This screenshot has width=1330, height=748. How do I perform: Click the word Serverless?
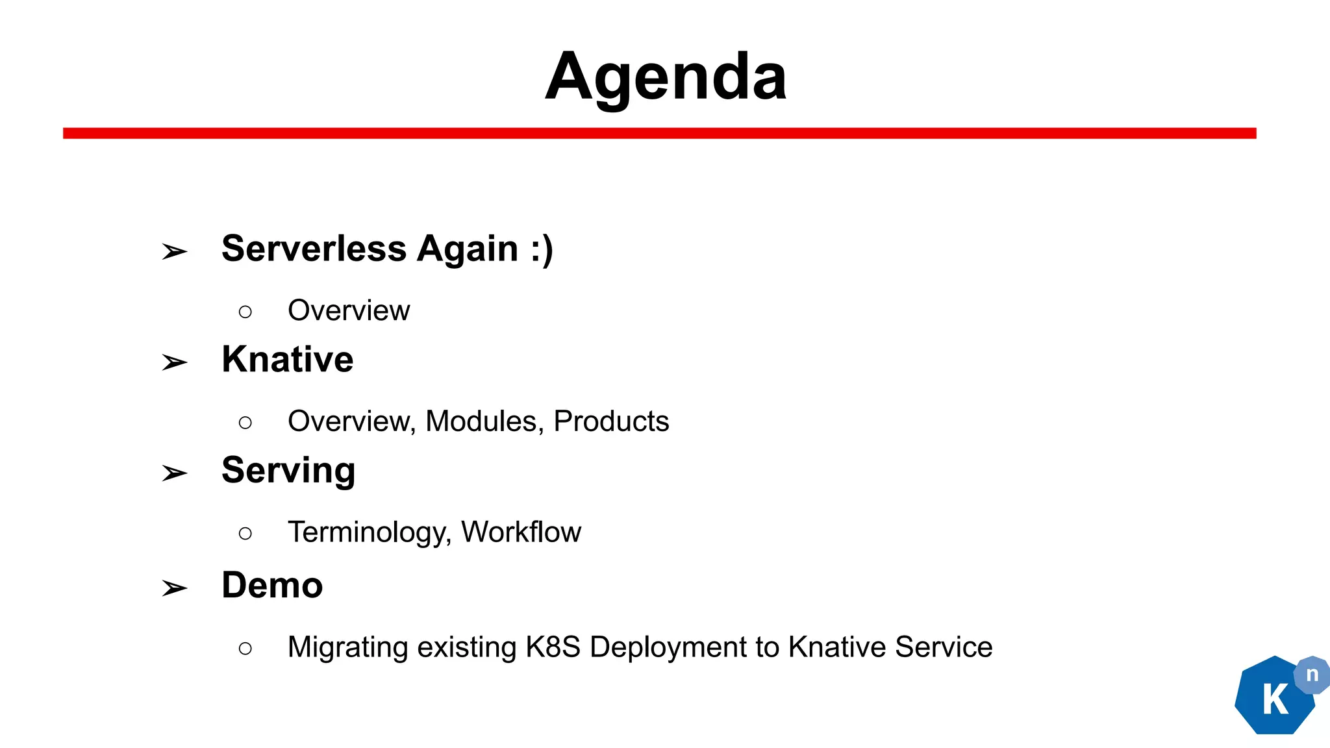[x=314, y=249]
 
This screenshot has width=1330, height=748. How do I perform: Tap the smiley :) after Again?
[x=542, y=249]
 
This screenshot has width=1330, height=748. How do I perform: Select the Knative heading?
[x=287, y=359]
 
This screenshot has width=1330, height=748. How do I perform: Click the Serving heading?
[x=288, y=471]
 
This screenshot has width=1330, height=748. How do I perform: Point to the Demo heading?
[x=272, y=585]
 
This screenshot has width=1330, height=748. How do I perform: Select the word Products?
[x=611, y=421]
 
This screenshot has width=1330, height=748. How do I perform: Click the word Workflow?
[x=521, y=532]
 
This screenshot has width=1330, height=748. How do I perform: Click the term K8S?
[x=553, y=647]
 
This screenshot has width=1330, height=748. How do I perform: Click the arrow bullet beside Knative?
[x=174, y=362]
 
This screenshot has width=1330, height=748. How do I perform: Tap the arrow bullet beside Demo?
[x=174, y=588]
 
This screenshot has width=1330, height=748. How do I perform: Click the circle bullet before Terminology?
[x=245, y=534]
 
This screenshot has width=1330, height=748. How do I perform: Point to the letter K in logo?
[x=1275, y=700]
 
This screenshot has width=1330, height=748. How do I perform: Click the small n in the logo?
[x=1312, y=675]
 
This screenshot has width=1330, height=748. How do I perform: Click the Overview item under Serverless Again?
[x=349, y=310]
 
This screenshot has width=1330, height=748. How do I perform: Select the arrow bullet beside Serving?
[x=174, y=473]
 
